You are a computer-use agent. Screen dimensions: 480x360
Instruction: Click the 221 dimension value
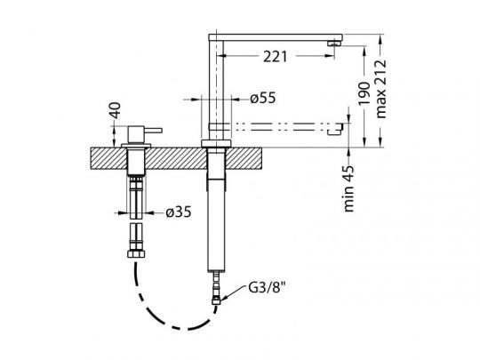click(x=276, y=57)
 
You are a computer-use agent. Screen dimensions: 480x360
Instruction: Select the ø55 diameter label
click(x=262, y=99)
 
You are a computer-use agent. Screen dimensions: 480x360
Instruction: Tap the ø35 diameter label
click(x=179, y=212)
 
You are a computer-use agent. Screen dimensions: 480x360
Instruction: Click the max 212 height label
click(x=381, y=89)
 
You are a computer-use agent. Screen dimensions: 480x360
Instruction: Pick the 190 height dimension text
click(x=364, y=93)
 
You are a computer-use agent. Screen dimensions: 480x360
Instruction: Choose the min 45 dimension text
click(x=348, y=188)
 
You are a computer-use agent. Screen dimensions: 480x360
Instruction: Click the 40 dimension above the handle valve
click(x=116, y=110)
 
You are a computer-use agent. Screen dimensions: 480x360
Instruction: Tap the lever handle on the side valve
click(x=154, y=131)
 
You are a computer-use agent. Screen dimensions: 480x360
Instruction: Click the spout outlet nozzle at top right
click(x=333, y=44)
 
